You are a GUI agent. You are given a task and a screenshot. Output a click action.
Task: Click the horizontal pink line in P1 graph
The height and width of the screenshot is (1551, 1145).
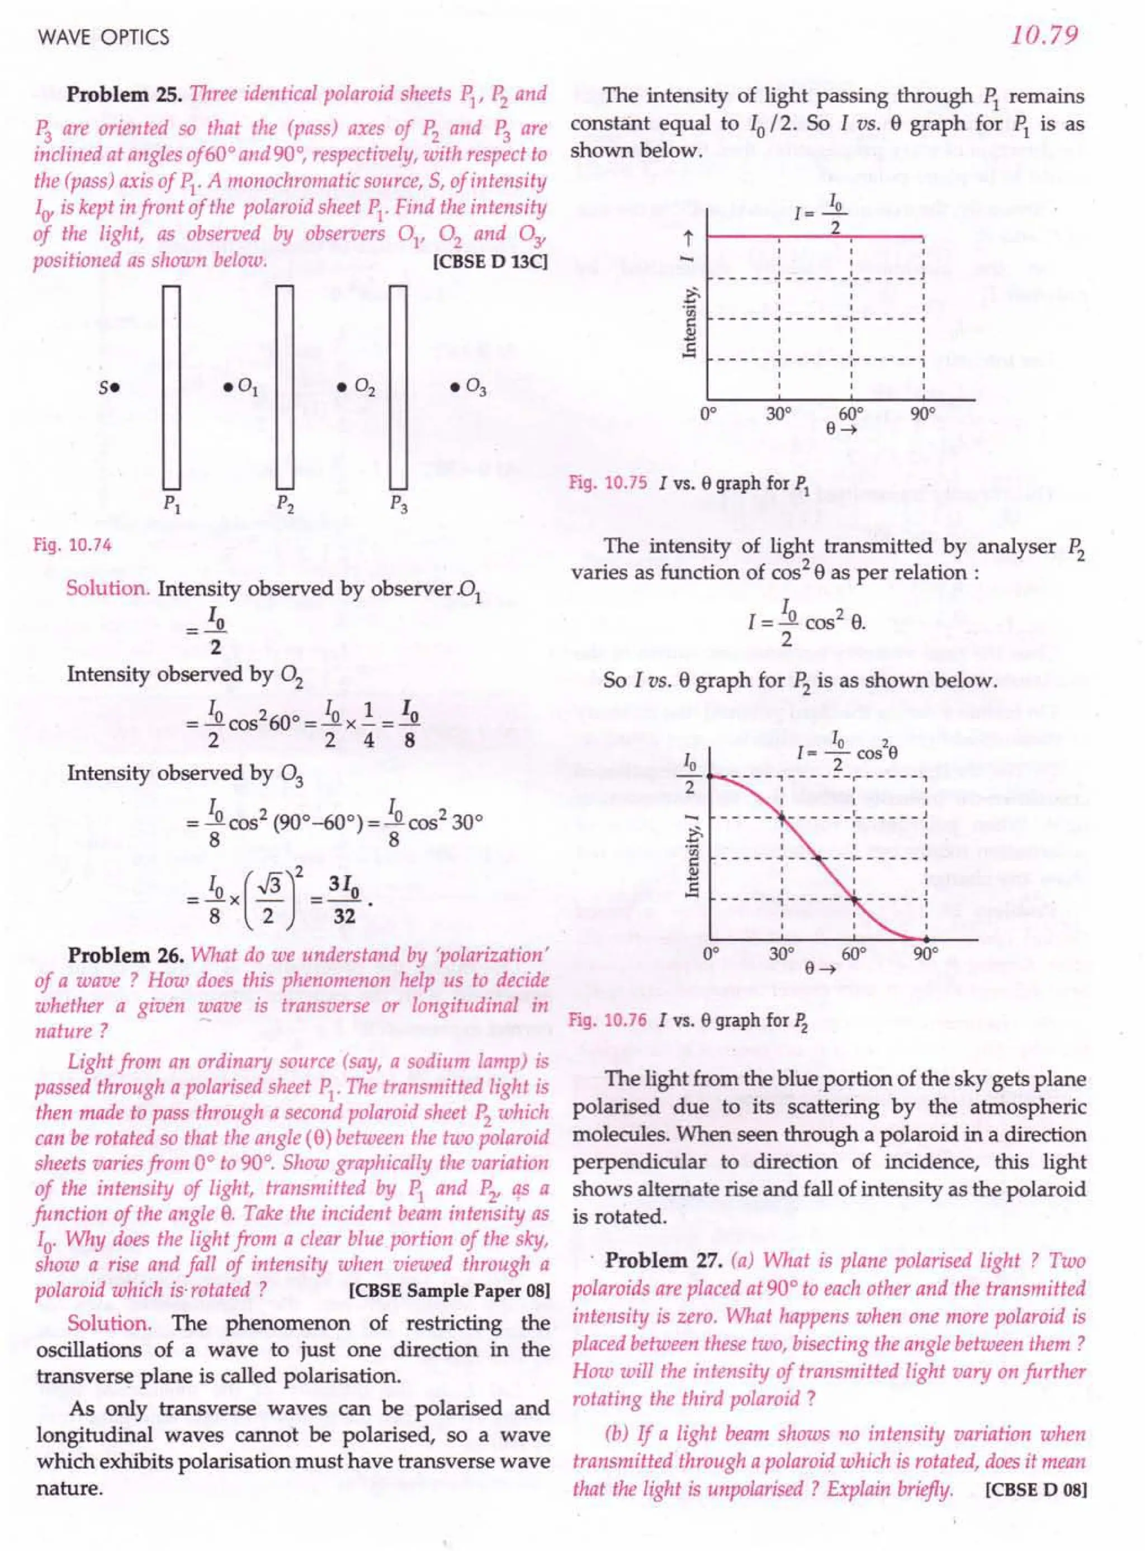(815, 236)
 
